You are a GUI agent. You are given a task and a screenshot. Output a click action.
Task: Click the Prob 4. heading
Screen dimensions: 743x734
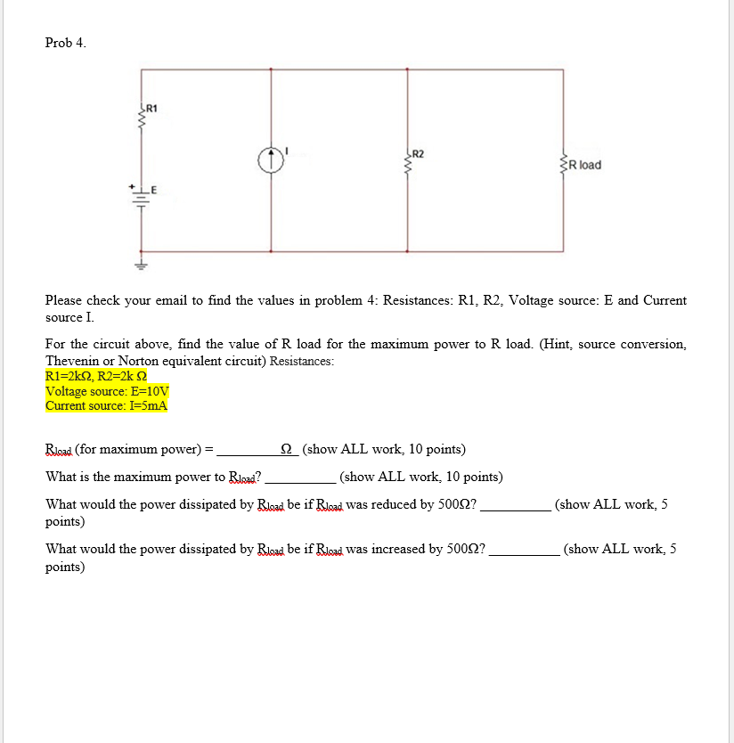tap(66, 43)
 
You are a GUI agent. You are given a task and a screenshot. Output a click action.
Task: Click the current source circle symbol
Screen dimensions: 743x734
tap(271, 159)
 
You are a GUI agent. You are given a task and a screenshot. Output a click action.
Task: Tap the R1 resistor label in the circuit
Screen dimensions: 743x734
tap(151, 109)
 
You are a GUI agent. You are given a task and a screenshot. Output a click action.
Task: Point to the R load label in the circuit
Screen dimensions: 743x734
tap(584, 165)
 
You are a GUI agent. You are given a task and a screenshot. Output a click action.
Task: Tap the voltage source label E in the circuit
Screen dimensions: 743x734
tap(153, 189)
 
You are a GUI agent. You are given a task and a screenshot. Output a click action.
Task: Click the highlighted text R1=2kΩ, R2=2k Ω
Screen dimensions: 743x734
tap(100, 375)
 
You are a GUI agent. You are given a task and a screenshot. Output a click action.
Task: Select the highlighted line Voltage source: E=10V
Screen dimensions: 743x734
tap(107, 390)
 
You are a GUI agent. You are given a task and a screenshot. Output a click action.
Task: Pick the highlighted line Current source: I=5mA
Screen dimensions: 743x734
tap(106, 405)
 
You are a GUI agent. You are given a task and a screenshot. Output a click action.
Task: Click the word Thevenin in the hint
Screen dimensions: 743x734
tap(71, 360)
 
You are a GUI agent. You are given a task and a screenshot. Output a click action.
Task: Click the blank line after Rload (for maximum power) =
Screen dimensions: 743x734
tap(254, 450)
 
